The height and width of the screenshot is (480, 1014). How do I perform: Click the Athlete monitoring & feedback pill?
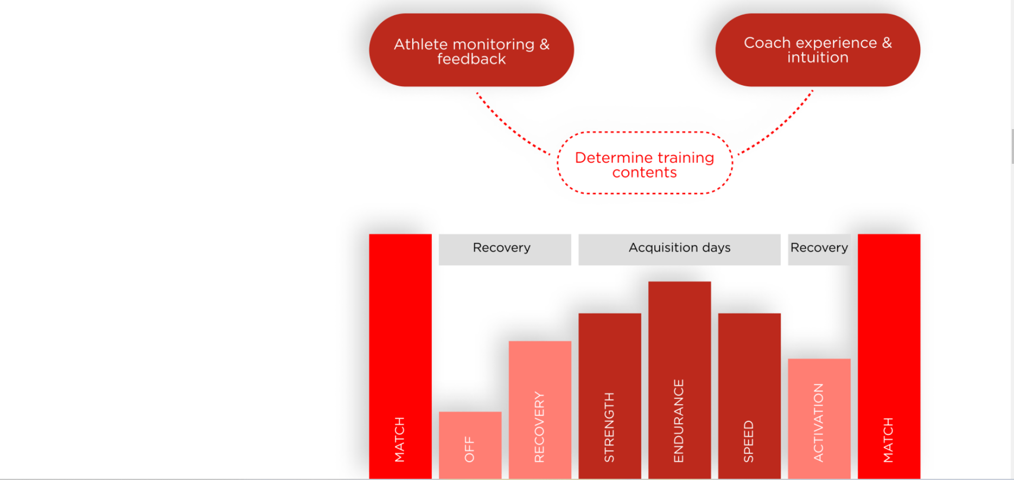pos(471,50)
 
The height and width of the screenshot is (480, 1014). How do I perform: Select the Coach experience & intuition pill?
pos(818,50)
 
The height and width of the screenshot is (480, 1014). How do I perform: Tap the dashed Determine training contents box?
pos(645,163)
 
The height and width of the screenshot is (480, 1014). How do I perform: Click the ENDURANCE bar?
pos(679,380)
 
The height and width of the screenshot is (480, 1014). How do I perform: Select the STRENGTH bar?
pos(610,396)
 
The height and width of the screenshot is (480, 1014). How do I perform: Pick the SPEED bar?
pos(749,396)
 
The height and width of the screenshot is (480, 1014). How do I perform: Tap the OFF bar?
pos(470,445)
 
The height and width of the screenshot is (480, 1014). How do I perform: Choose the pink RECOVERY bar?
pos(540,410)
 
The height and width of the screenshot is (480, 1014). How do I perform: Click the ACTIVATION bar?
pos(819,419)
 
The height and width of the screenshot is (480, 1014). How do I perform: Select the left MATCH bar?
pos(400,356)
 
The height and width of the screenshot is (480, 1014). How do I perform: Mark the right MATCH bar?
pos(889,356)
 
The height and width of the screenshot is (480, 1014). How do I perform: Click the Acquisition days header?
pos(679,249)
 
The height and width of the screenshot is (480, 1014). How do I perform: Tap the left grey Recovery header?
pos(505,249)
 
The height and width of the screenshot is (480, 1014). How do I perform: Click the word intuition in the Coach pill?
pos(818,57)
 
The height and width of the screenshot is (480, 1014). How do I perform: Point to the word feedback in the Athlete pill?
pos(471,59)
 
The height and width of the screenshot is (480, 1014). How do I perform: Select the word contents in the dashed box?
pos(645,172)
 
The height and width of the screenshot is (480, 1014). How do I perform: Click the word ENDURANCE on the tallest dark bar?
pos(679,421)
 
